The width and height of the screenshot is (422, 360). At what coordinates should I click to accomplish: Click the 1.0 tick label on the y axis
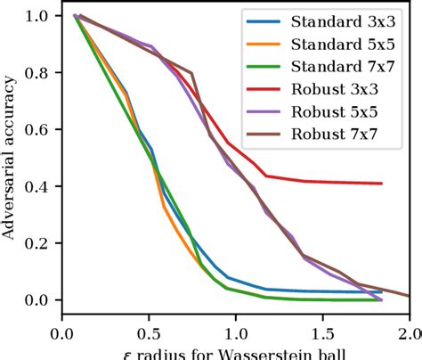tap(40, 16)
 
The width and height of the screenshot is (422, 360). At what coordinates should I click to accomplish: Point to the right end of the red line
tap(382, 184)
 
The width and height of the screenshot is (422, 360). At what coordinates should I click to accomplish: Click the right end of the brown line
tap(410, 296)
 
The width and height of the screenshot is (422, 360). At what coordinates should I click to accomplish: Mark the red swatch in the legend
tap(262, 90)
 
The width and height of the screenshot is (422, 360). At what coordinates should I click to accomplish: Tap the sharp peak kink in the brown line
tap(191, 73)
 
